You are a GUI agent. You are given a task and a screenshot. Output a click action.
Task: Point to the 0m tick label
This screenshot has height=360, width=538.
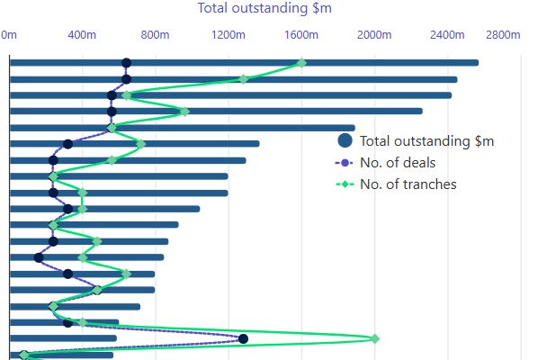pyautogui.click(x=9, y=35)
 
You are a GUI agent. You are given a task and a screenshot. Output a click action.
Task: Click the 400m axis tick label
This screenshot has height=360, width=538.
pyautogui.click(x=82, y=35)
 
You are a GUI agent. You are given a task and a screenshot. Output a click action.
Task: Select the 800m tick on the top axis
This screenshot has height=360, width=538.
pyautogui.click(x=155, y=35)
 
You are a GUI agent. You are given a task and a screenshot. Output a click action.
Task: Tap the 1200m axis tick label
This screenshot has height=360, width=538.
pyautogui.click(x=228, y=35)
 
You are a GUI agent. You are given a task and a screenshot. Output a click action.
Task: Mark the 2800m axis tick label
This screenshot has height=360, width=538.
pyautogui.click(x=503, y=35)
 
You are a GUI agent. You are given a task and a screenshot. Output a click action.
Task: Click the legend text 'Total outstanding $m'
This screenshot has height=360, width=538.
pyautogui.click(x=426, y=141)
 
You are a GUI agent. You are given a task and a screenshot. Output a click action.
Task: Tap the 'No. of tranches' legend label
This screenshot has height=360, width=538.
pyautogui.click(x=408, y=184)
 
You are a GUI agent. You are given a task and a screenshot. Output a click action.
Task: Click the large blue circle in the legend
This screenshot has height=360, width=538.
pyautogui.click(x=344, y=140)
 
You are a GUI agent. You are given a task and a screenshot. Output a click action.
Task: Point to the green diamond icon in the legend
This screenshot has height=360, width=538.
pyautogui.click(x=344, y=184)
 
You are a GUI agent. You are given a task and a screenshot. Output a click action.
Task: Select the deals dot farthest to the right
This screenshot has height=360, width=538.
pyautogui.click(x=243, y=338)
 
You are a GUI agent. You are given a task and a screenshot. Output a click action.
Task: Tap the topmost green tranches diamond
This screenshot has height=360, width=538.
pyautogui.click(x=301, y=63)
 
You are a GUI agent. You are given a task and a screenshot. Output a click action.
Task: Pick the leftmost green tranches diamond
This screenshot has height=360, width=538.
pyautogui.click(x=24, y=355)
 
